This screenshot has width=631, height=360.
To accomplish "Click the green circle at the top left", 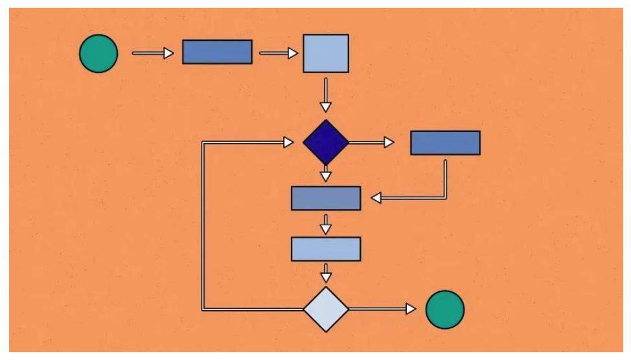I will (98, 53).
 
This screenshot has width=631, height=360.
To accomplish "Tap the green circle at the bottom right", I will (444, 309).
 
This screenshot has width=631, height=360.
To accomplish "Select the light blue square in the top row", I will (327, 53).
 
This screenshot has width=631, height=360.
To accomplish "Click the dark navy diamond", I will (326, 142).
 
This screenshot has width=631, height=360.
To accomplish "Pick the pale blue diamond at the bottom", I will (326, 309).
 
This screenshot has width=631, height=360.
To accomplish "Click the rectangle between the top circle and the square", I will (217, 52).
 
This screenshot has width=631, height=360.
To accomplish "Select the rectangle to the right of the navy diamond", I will (445, 142).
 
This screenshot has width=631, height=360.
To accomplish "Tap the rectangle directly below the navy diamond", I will (326, 198).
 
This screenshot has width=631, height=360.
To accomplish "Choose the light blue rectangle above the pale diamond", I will (326, 249).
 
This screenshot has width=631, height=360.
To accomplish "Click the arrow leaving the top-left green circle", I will (153, 53).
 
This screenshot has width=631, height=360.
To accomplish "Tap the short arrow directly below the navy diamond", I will (326, 174).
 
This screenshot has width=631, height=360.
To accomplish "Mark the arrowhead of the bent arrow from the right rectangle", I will (376, 198).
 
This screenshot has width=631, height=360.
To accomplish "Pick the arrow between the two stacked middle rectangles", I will (326, 223).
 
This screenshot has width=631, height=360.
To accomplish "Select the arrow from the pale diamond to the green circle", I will (382, 309).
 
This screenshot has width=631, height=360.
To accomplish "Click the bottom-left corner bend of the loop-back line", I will (204, 309).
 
